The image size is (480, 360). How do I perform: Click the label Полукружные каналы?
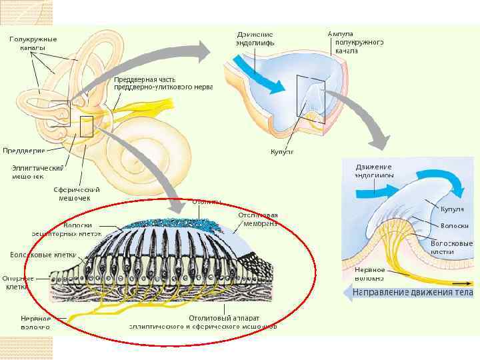[x=33, y=43]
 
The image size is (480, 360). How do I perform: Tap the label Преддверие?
[x=23, y=150]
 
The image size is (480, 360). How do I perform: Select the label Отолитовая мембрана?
[x=257, y=219]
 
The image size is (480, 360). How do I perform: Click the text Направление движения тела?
[x=413, y=293]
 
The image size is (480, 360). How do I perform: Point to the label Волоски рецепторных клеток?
[x=68, y=229]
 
